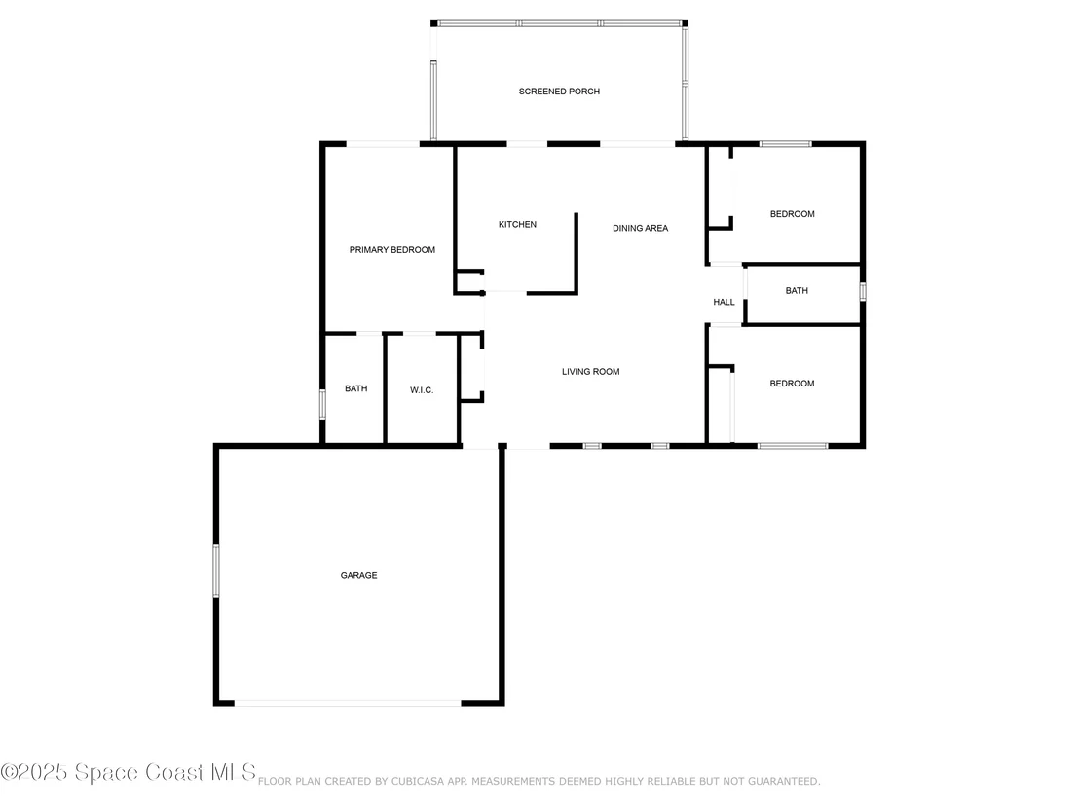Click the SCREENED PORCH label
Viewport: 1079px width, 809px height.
tap(559, 92)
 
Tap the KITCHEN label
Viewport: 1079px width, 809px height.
tap(517, 224)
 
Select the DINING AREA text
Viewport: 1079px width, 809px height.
tap(640, 228)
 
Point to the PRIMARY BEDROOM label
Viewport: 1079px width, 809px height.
tap(392, 250)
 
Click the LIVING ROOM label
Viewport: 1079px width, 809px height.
tap(590, 372)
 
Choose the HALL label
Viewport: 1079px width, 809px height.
tap(724, 302)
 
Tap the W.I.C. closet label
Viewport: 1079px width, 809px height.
tap(422, 390)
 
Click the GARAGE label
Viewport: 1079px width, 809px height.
tap(358, 575)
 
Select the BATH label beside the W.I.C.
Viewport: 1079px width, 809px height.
tap(355, 388)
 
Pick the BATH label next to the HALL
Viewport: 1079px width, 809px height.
tap(797, 291)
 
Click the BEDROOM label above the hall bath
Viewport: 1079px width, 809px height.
tap(792, 214)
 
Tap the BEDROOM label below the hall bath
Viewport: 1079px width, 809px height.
tap(792, 384)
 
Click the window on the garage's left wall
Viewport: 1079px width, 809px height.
tap(216, 570)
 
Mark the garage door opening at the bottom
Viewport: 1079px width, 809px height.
tap(348, 703)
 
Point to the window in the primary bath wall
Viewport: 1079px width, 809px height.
tap(322, 404)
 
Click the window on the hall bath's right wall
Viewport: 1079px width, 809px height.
tap(862, 292)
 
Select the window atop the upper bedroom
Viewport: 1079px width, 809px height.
tap(785, 144)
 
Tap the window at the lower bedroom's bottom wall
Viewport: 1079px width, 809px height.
tap(793, 446)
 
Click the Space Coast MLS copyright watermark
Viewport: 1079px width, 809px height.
tap(128, 772)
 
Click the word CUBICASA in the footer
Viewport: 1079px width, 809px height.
tap(418, 781)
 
